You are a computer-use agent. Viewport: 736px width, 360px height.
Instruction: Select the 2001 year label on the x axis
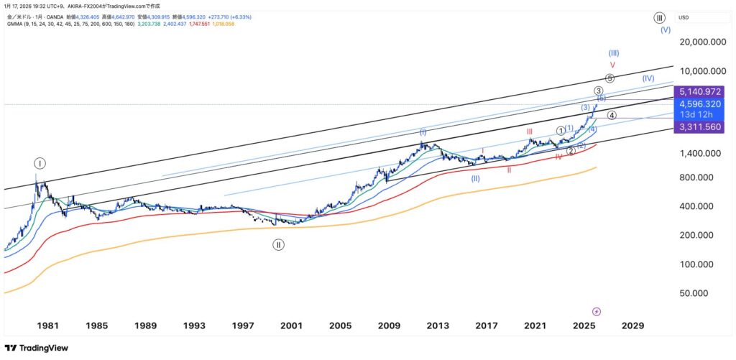point(291,326)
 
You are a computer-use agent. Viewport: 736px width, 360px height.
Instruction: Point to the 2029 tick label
point(633,326)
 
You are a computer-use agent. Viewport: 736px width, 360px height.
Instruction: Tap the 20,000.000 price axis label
point(696,42)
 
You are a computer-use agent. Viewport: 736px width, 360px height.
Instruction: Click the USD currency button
point(684,17)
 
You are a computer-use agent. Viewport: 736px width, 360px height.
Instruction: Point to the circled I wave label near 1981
point(40,163)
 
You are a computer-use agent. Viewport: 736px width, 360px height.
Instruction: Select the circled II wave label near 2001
point(278,244)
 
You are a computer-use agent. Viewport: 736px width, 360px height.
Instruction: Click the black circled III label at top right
point(659,17)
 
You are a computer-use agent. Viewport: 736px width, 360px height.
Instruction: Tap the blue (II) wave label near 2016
point(475,178)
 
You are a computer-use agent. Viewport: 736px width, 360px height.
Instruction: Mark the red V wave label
point(612,65)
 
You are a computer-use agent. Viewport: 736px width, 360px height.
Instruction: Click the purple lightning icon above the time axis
point(597,311)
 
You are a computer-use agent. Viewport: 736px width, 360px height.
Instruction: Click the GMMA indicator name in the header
point(15,24)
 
